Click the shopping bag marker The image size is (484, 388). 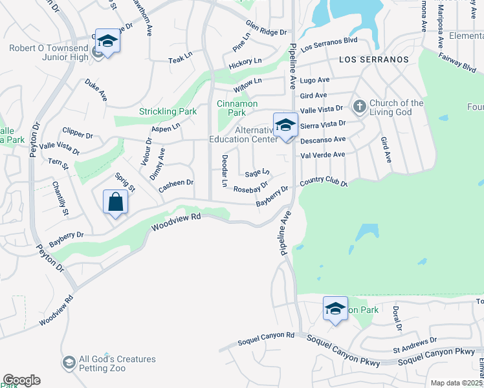tap(115, 202)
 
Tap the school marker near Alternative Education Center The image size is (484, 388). tap(285, 125)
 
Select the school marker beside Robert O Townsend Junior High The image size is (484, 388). tap(108, 42)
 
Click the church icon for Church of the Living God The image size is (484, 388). tap(359, 105)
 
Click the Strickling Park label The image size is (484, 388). tap(168, 111)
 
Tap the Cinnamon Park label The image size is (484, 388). tap(237, 108)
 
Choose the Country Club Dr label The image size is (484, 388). tap(324, 181)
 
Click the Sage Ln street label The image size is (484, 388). tap(257, 173)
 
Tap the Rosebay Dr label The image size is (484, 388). tap(251, 188)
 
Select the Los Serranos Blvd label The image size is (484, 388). tap(329, 47)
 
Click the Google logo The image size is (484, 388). tap(21, 380)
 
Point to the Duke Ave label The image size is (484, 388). tap(95, 90)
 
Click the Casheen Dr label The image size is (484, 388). tap(177, 186)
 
